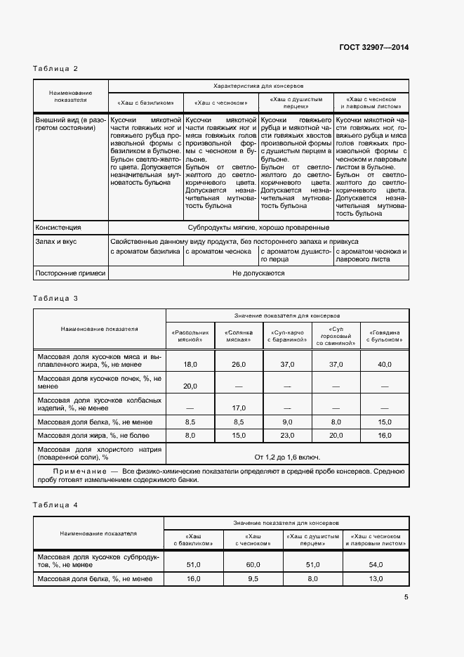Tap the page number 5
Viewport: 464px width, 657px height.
click(406, 597)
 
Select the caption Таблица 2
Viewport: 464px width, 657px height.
click(55, 68)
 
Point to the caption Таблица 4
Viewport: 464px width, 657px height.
click(55, 505)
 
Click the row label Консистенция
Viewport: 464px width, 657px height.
click(58, 228)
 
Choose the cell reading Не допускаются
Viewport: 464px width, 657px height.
click(258, 273)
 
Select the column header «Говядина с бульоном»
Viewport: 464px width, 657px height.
click(384, 336)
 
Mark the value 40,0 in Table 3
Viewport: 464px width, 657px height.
click(384, 364)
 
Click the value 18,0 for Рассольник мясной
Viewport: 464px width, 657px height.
click(190, 364)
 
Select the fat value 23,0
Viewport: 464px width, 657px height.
click(286, 436)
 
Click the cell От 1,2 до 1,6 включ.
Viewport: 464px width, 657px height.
click(286, 455)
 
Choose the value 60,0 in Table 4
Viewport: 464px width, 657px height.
click(253, 564)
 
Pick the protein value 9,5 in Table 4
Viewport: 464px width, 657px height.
click(253, 579)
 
